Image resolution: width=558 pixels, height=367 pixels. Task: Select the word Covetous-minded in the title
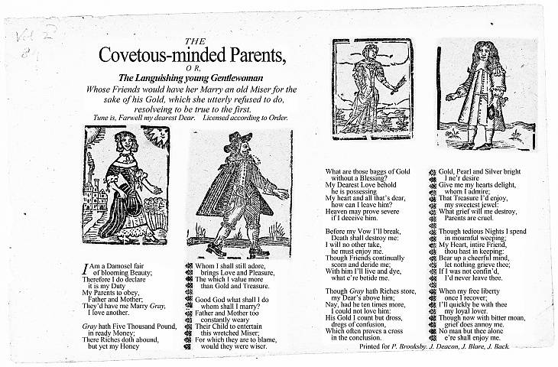coord(155,57)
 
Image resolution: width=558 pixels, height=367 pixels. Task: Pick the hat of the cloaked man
coord(237,141)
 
